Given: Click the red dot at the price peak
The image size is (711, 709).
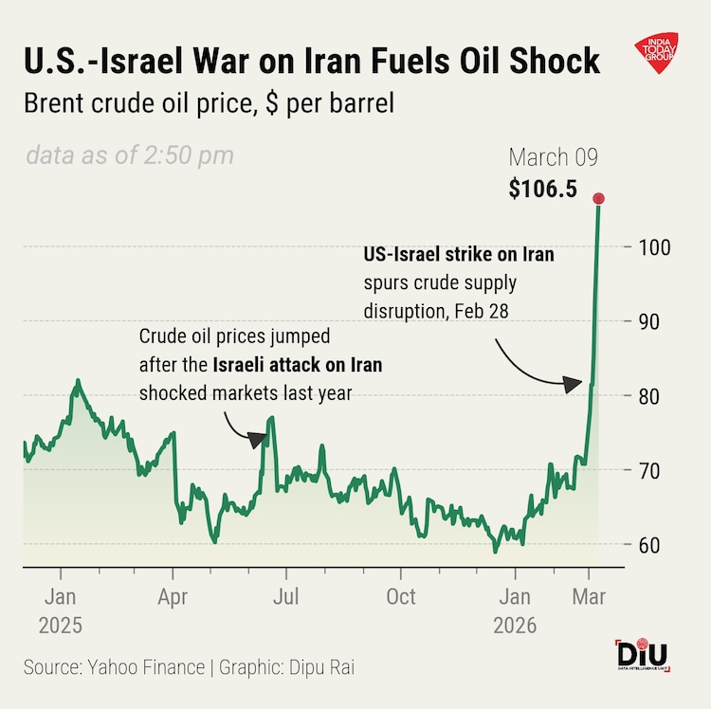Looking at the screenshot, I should (x=598, y=198).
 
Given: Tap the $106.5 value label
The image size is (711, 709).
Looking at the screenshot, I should (x=542, y=189).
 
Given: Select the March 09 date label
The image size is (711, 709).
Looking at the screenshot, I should (x=555, y=157).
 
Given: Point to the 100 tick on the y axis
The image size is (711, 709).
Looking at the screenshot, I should (x=645, y=247).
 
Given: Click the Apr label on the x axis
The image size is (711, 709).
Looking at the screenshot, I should (x=173, y=598).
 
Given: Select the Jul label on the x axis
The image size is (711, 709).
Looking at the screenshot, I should (x=286, y=598).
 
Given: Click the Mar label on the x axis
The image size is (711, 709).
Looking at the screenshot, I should (x=590, y=598).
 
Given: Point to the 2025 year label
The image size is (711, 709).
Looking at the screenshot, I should (x=61, y=626).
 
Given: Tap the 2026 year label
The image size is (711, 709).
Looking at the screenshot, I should (x=515, y=626).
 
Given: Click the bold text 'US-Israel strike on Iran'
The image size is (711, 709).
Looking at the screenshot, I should (x=459, y=255).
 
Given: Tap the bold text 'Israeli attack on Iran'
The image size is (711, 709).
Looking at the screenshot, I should (x=298, y=365).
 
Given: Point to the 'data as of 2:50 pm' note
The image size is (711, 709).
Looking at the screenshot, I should (x=129, y=155).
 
